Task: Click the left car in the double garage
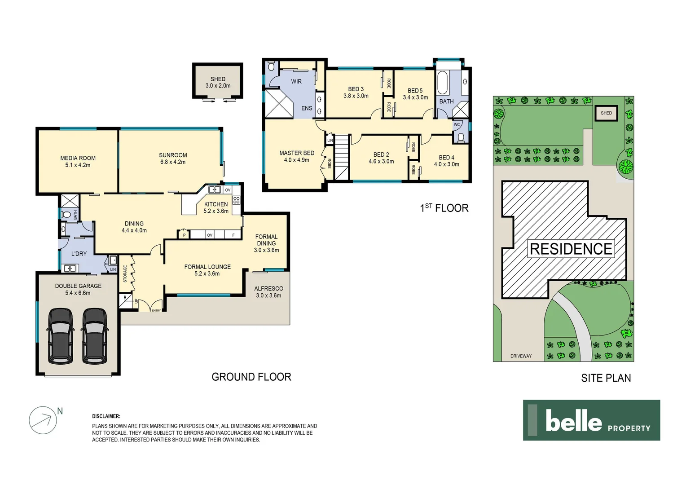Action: point(61,335)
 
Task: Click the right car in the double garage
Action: point(95,335)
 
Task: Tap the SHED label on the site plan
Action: point(606,113)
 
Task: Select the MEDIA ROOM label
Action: point(78,158)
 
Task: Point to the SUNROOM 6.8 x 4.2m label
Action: point(173,159)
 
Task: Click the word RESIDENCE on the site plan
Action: point(571,249)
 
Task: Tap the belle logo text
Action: point(573,421)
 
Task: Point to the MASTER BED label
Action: point(297,153)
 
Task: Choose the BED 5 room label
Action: point(415,91)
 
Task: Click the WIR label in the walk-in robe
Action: point(296,81)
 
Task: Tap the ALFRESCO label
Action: point(268,289)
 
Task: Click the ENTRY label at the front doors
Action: point(156,310)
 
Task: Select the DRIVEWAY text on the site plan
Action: point(521,356)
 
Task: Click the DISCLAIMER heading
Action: point(106,416)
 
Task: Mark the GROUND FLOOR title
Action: point(251,377)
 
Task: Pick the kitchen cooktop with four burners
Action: point(236,200)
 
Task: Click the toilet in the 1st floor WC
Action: point(460,137)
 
